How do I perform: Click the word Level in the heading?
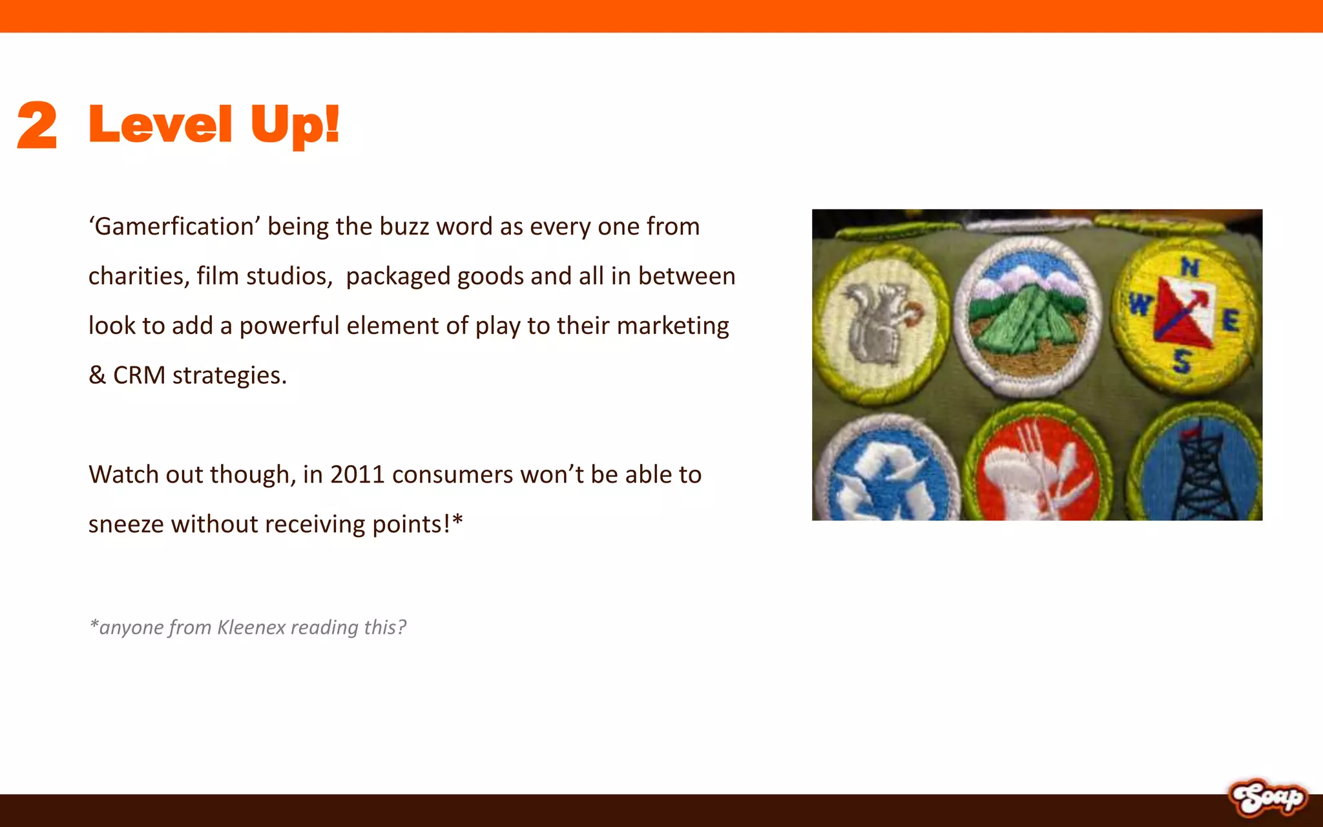(x=160, y=124)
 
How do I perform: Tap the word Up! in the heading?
(x=295, y=125)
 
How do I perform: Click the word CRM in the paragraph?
(x=139, y=375)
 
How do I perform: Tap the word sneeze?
(x=126, y=524)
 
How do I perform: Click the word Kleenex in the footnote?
(x=251, y=627)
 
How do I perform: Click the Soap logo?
(x=1267, y=798)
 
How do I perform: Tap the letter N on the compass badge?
(x=1190, y=266)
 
